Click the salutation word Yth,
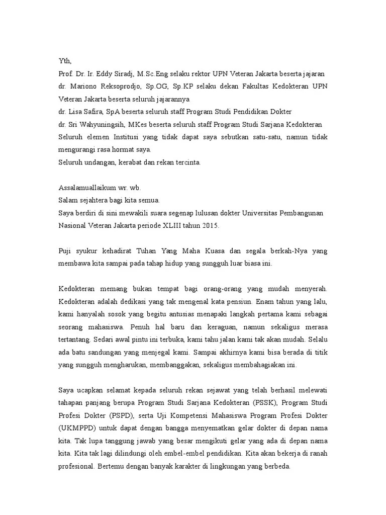coord(65,61)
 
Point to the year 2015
coord(209,226)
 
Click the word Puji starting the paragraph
coord(66,251)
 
